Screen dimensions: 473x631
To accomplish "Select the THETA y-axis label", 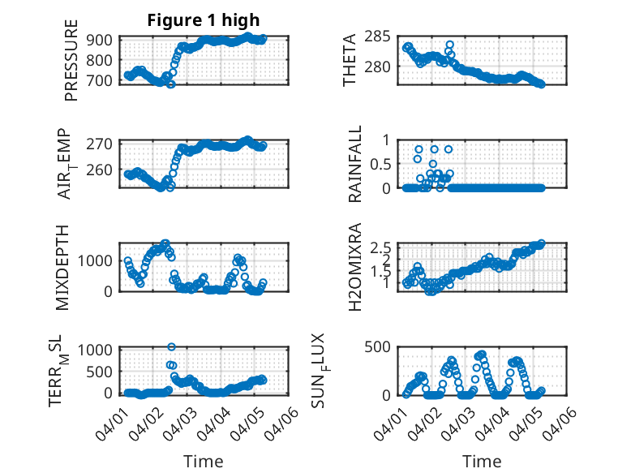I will coord(350,60).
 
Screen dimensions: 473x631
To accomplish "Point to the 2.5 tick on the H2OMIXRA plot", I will coord(382,247).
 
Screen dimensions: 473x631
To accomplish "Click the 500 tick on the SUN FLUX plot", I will coord(383,347).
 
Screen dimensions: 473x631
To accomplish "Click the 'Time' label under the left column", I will coord(204,461).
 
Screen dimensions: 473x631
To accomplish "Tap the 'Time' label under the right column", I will coord(482,461).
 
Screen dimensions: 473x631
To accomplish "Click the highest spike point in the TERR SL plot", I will coord(172,347).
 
